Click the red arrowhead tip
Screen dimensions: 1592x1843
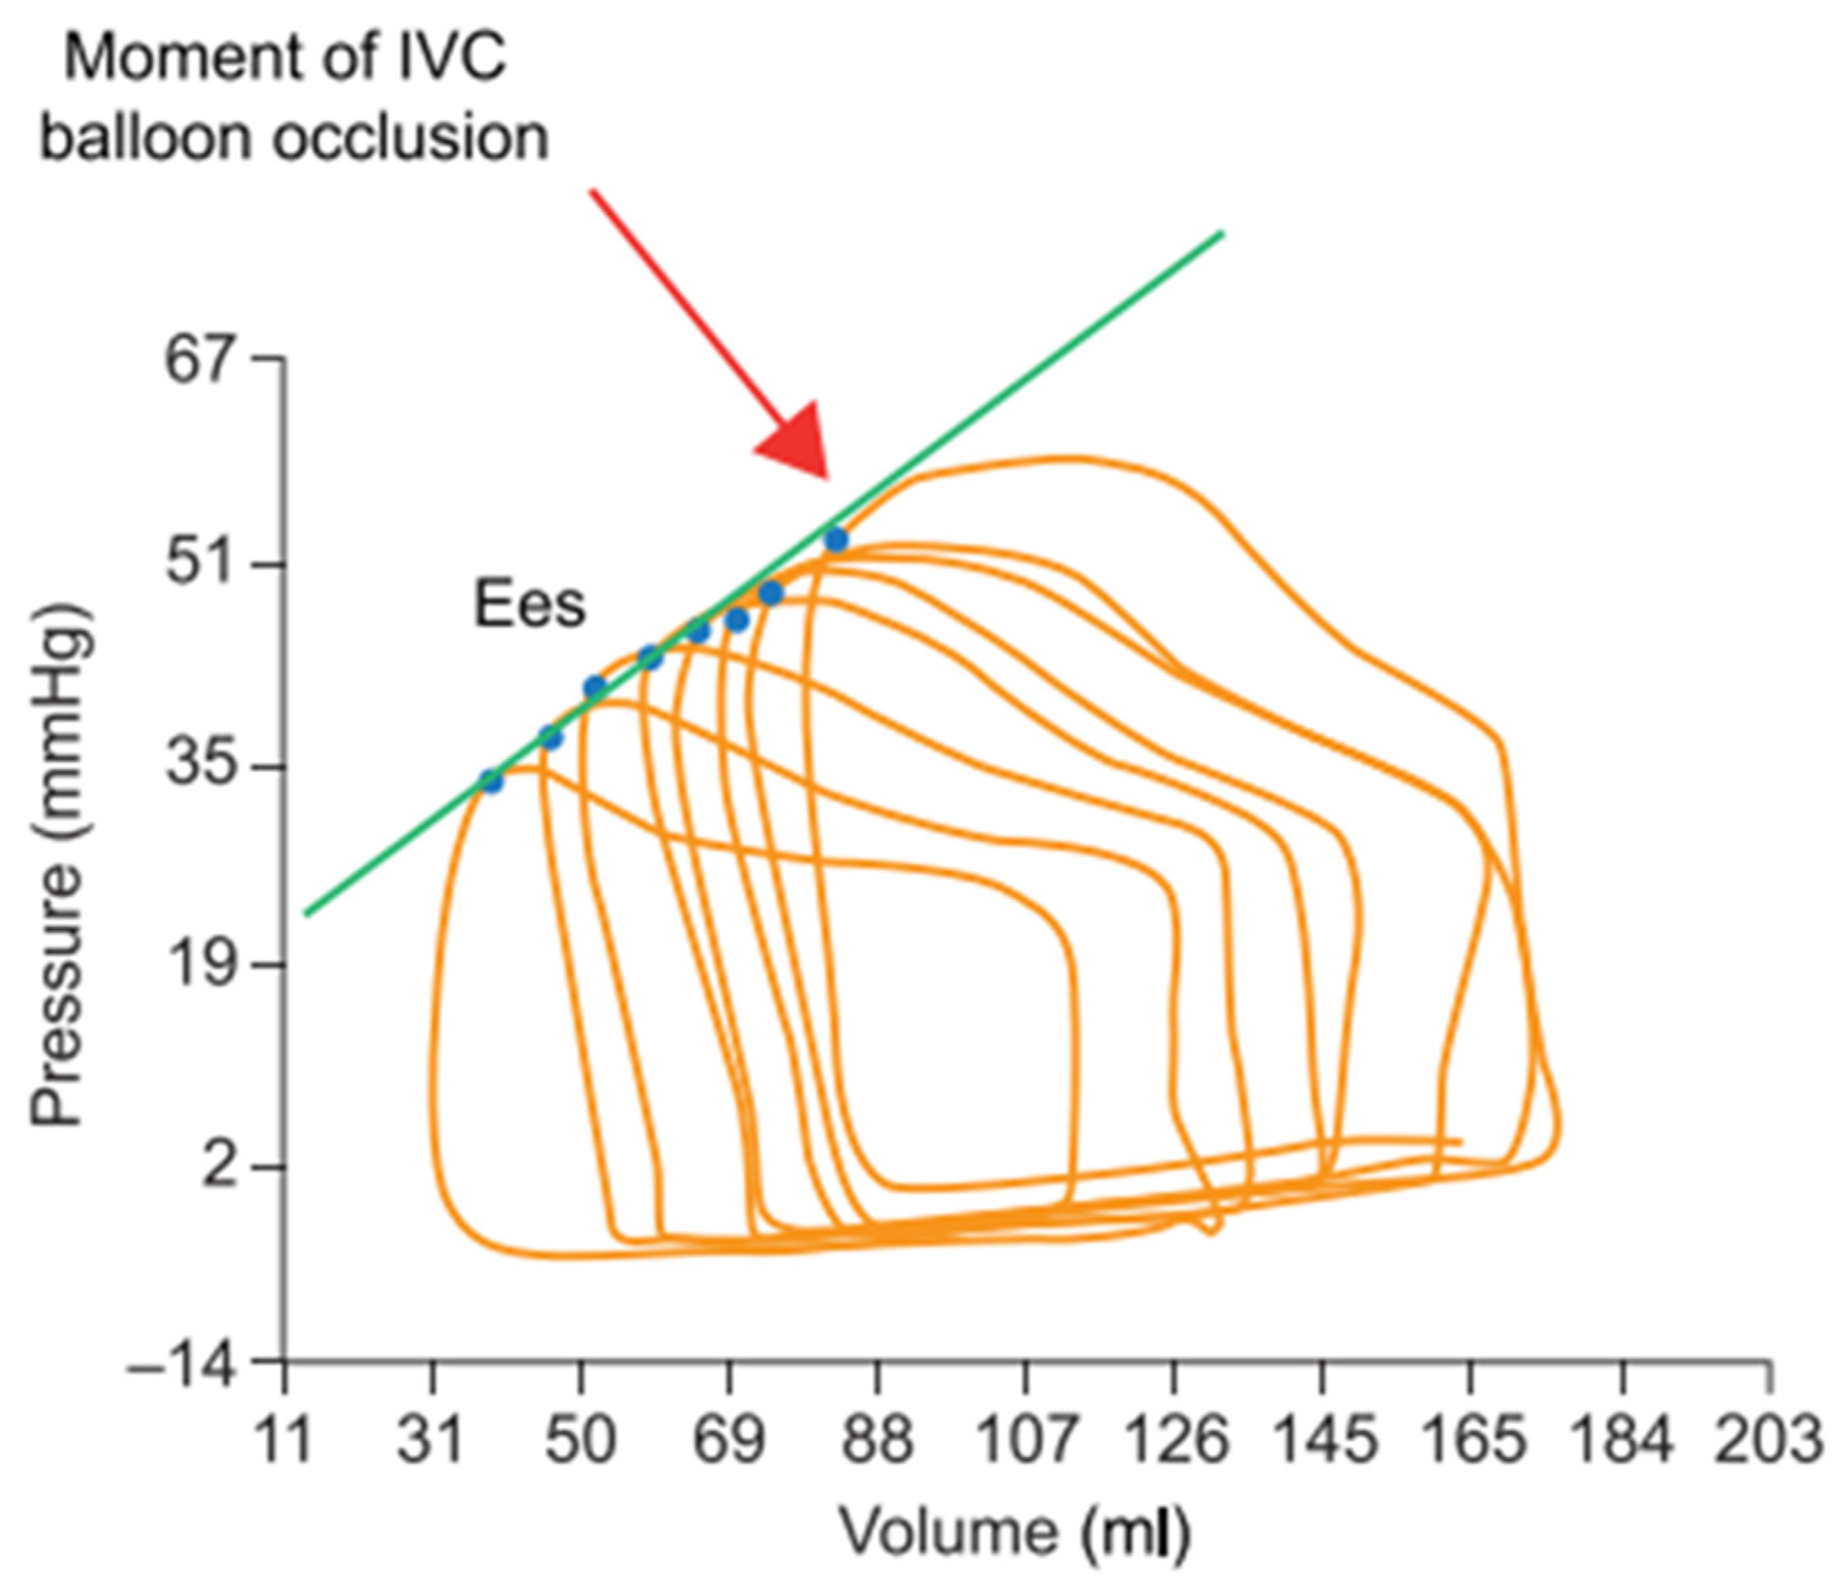coord(827,477)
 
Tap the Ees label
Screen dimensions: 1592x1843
coord(529,606)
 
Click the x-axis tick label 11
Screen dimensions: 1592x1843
coord(284,1441)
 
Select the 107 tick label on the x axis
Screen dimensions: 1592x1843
coord(1026,1441)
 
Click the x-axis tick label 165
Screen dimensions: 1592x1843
coord(1471,1441)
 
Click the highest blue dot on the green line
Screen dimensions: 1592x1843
coord(835,540)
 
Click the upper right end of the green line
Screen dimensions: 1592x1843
coord(1222,234)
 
